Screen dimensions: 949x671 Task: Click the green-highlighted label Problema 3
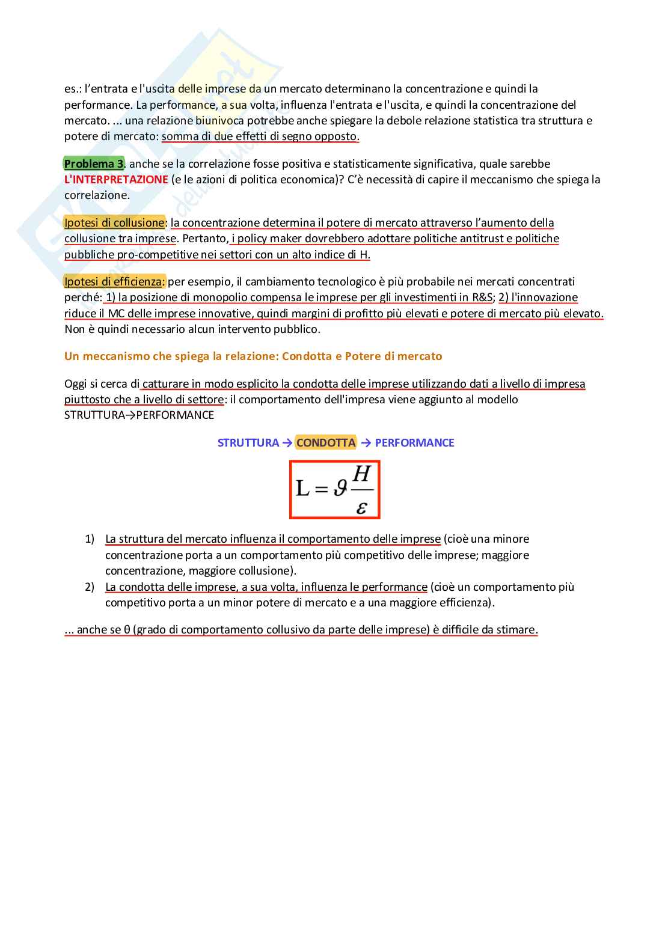pyautogui.click(x=94, y=164)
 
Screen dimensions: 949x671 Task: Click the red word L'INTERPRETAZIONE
pyautogui.click(x=116, y=180)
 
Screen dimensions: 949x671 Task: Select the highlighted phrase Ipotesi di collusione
pyautogui.click(x=114, y=223)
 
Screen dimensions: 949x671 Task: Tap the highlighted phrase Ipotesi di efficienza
pyautogui.click(x=114, y=282)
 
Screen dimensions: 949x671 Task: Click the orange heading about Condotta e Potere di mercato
pyautogui.click(x=253, y=356)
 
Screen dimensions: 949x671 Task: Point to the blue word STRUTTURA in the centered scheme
pyautogui.click(x=248, y=443)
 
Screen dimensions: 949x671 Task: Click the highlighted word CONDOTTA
pyautogui.click(x=326, y=443)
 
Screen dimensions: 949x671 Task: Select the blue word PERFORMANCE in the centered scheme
pyautogui.click(x=414, y=443)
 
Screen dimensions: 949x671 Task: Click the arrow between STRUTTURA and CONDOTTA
pyautogui.click(x=287, y=443)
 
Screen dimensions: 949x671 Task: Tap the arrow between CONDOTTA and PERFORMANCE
pyautogui.click(x=366, y=443)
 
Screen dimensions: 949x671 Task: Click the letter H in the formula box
pyautogui.click(x=361, y=474)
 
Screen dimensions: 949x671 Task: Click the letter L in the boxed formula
pyautogui.click(x=302, y=488)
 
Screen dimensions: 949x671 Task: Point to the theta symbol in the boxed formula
pyautogui.click(x=340, y=488)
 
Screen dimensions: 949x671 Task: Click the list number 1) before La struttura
pyautogui.click(x=90, y=539)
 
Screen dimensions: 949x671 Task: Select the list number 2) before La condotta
pyautogui.click(x=90, y=587)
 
